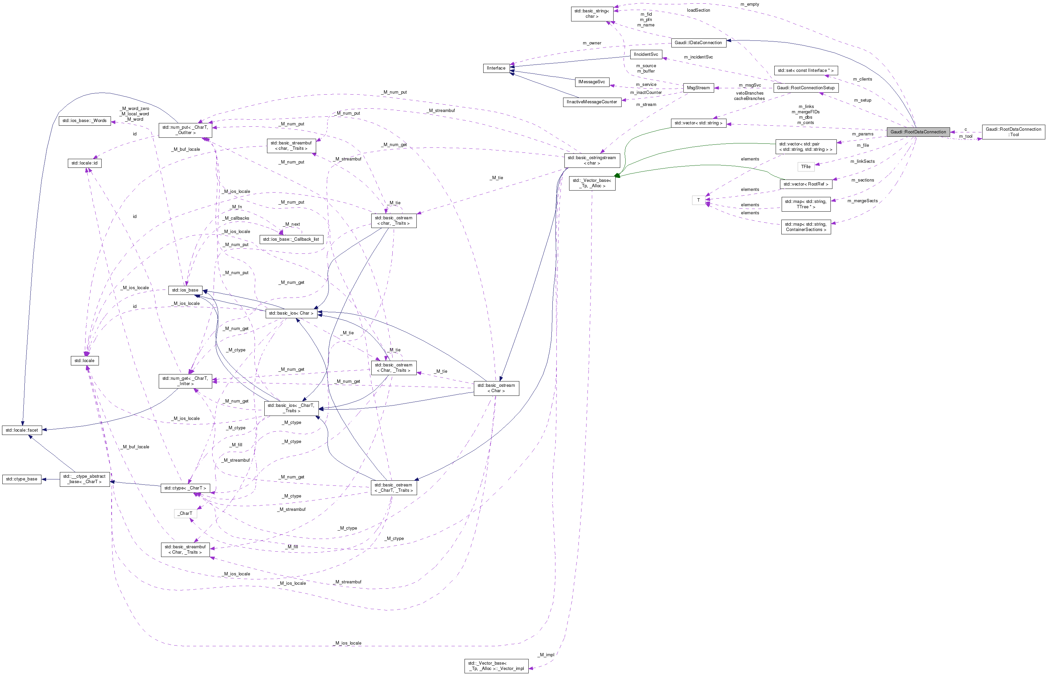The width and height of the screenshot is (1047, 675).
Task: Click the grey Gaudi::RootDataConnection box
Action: [x=918, y=132]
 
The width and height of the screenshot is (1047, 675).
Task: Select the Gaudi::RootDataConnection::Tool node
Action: [x=1013, y=132]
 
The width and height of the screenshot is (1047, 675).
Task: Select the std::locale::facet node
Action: [x=21, y=430]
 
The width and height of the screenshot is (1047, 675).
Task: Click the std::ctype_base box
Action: [x=21, y=479]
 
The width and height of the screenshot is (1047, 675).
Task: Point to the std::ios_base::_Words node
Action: [x=84, y=121]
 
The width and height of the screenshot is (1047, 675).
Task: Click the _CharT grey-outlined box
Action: [x=185, y=513]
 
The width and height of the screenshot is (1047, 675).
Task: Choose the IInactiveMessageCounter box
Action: [x=592, y=102]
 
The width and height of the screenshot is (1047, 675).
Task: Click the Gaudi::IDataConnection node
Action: [x=698, y=42]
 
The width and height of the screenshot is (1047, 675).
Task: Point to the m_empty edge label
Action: [x=750, y=4]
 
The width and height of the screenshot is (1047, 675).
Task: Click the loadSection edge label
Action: [x=698, y=10]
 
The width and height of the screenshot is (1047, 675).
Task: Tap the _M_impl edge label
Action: [x=546, y=655]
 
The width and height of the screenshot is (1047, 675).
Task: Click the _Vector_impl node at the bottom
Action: [x=496, y=666]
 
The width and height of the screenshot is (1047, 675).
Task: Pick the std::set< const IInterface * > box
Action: [x=806, y=71]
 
